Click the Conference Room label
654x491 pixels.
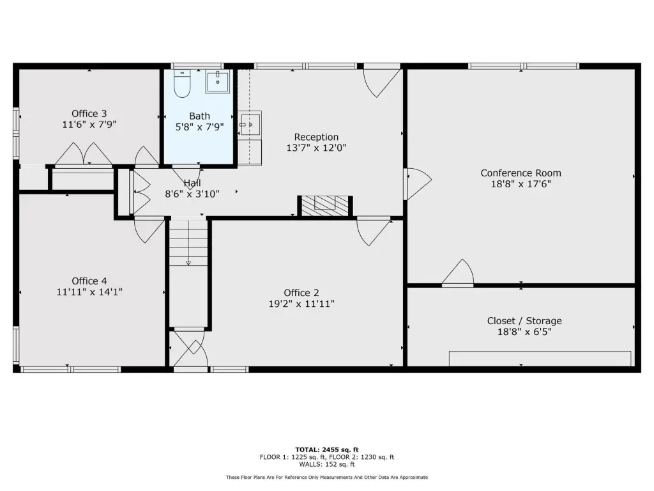(x=521, y=173)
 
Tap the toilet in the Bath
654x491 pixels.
(x=182, y=84)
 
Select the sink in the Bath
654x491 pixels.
(x=217, y=81)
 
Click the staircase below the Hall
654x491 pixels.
(x=188, y=242)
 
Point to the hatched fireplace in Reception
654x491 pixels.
(x=325, y=207)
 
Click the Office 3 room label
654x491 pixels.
(x=89, y=114)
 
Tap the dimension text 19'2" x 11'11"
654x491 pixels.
(x=301, y=304)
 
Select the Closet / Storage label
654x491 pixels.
(x=524, y=321)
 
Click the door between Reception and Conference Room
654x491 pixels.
(x=418, y=184)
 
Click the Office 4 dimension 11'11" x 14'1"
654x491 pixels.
(x=89, y=292)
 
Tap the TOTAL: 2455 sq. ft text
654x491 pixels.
(x=327, y=449)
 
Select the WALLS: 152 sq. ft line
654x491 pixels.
(x=327, y=464)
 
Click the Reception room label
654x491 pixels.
(x=316, y=137)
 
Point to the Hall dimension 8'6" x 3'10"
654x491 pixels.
(x=192, y=194)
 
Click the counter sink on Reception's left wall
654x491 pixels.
(x=250, y=124)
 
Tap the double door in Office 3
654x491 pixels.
(x=84, y=155)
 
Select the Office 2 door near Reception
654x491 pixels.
(x=373, y=231)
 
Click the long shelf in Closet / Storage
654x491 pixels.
(x=540, y=359)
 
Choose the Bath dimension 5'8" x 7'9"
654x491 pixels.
(x=199, y=127)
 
